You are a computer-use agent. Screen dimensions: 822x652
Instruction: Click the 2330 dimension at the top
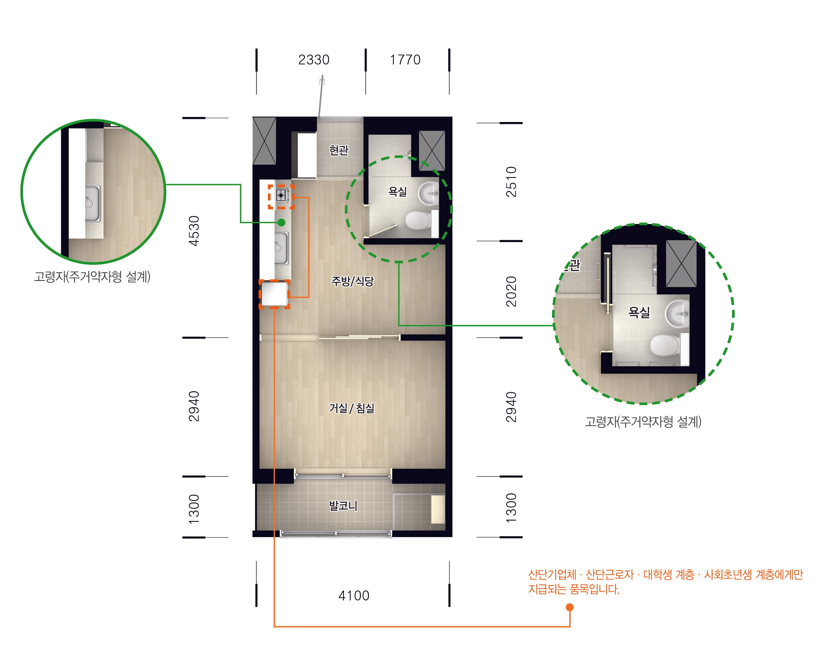(313, 60)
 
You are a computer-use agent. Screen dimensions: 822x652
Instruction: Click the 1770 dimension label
(405, 60)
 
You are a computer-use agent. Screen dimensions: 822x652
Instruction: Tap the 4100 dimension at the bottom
(354, 596)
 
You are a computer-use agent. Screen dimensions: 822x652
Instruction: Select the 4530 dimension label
(194, 231)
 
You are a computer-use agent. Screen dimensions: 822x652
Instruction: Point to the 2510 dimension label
(511, 182)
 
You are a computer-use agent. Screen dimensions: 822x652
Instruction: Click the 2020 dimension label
(511, 291)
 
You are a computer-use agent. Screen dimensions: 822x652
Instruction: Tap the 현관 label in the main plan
(338, 150)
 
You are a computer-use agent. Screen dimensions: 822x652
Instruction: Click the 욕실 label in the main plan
(397, 191)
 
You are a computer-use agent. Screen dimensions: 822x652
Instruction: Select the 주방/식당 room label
(352, 281)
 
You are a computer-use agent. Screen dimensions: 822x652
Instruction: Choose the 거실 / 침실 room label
(351, 408)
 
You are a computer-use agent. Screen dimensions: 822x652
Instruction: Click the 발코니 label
(343, 506)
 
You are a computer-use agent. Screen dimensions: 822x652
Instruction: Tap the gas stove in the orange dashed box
(281, 195)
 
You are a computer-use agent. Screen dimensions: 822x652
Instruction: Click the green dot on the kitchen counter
(281, 222)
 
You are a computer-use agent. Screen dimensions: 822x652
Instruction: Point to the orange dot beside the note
(570, 607)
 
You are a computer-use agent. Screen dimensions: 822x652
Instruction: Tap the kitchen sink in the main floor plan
(281, 248)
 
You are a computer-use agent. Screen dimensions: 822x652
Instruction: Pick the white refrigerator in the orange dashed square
(274, 294)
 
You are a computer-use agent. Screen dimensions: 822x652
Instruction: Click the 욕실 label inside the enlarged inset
(639, 312)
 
